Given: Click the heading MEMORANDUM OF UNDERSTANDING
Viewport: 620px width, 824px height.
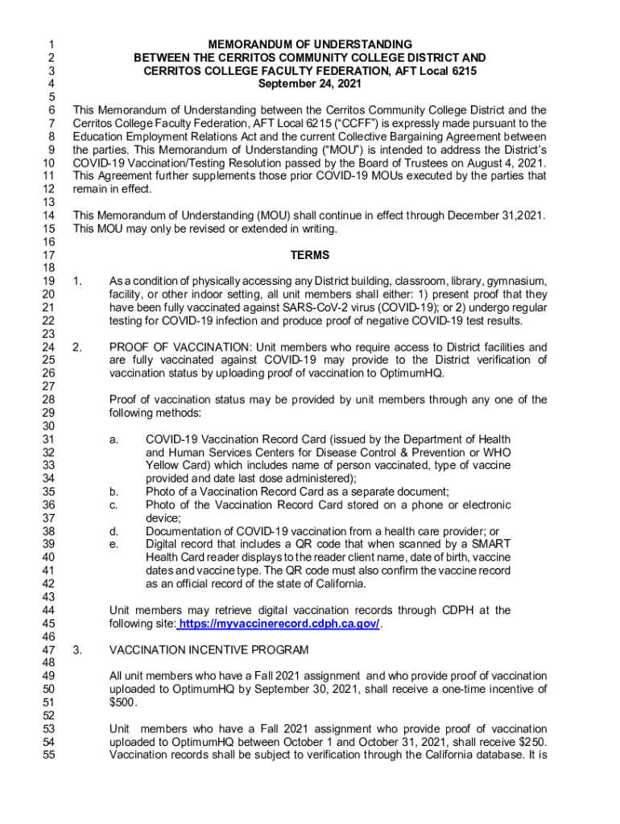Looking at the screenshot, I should click(310, 44).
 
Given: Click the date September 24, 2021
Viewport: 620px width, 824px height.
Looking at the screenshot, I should click(310, 83).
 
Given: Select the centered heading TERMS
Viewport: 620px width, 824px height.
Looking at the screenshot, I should click(310, 255).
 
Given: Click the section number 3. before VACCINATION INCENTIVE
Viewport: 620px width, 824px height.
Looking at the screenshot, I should click(76, 649).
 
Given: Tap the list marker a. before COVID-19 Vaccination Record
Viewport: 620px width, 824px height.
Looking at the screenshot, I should click(114, 439).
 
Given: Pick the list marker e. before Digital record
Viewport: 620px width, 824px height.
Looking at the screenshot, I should click(114, 545).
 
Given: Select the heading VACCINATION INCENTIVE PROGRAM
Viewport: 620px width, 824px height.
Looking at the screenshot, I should click(209, 649).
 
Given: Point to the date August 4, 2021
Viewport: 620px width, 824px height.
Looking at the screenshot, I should click(506, 163).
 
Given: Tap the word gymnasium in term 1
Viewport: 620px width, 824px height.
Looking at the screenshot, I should click(516, 281).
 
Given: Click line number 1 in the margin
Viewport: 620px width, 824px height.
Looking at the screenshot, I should click(51, 44).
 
